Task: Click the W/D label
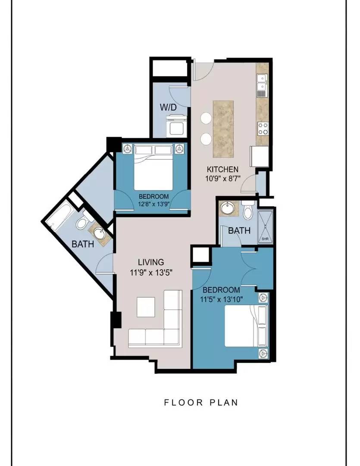point(168,107)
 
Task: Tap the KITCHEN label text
point(222,170)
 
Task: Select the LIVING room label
point(151,262)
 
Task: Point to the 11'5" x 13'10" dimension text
point(221,299)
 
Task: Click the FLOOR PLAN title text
point(201,403)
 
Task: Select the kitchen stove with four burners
point(263,129)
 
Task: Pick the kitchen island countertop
point(223,129)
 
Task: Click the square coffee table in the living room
point(146,307)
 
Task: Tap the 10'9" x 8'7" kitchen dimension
point(222,178)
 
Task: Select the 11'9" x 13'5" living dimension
point(151,272)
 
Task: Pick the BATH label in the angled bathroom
point(83,244)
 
